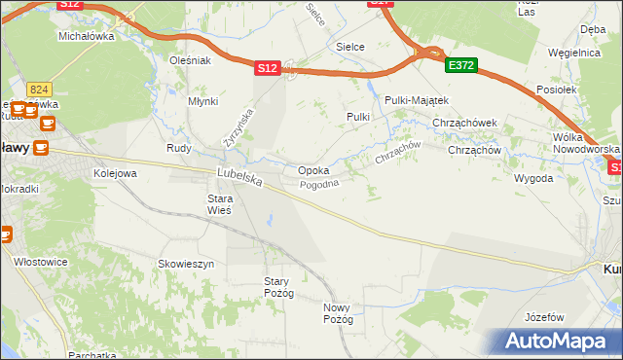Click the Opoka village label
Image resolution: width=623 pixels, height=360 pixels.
coord(312,170)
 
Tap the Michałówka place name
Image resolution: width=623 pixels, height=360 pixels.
coord(86,36)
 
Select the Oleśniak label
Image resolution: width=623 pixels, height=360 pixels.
coord(190,60)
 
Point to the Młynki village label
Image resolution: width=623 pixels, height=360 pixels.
coord(203,100)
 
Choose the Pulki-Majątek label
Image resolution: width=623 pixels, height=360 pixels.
coord(416,100)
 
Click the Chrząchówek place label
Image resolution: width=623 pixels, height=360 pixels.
coord(465,124)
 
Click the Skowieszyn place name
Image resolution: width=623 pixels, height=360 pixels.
coord(186,264)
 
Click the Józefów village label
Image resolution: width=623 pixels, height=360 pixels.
coord(544,318)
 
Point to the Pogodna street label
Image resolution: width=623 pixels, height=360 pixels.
coord(318,184)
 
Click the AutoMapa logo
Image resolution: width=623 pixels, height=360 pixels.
coord(554,342)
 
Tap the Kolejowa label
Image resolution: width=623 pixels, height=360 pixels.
coord(115,173)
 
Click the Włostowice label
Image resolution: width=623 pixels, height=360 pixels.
coord(40,262)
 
